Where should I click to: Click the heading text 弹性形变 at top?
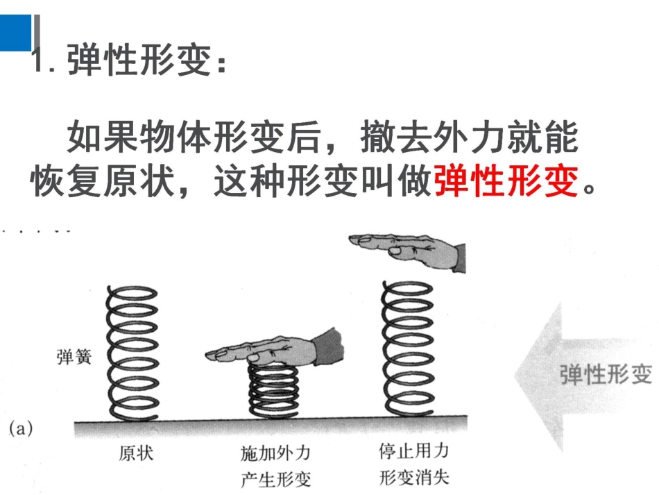click(x=139, y=64)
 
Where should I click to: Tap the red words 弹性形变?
click(x=506, y=183)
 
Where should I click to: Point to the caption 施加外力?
click(x=275, y=454)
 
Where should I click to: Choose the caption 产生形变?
click(x=275, y=479)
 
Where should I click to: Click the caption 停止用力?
click(x=413, y=451)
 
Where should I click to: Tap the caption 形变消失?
click(x=413, y=478)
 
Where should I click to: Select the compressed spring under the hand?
click(x=273, y=392)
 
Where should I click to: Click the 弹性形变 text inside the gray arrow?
click(x=606, y=375)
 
